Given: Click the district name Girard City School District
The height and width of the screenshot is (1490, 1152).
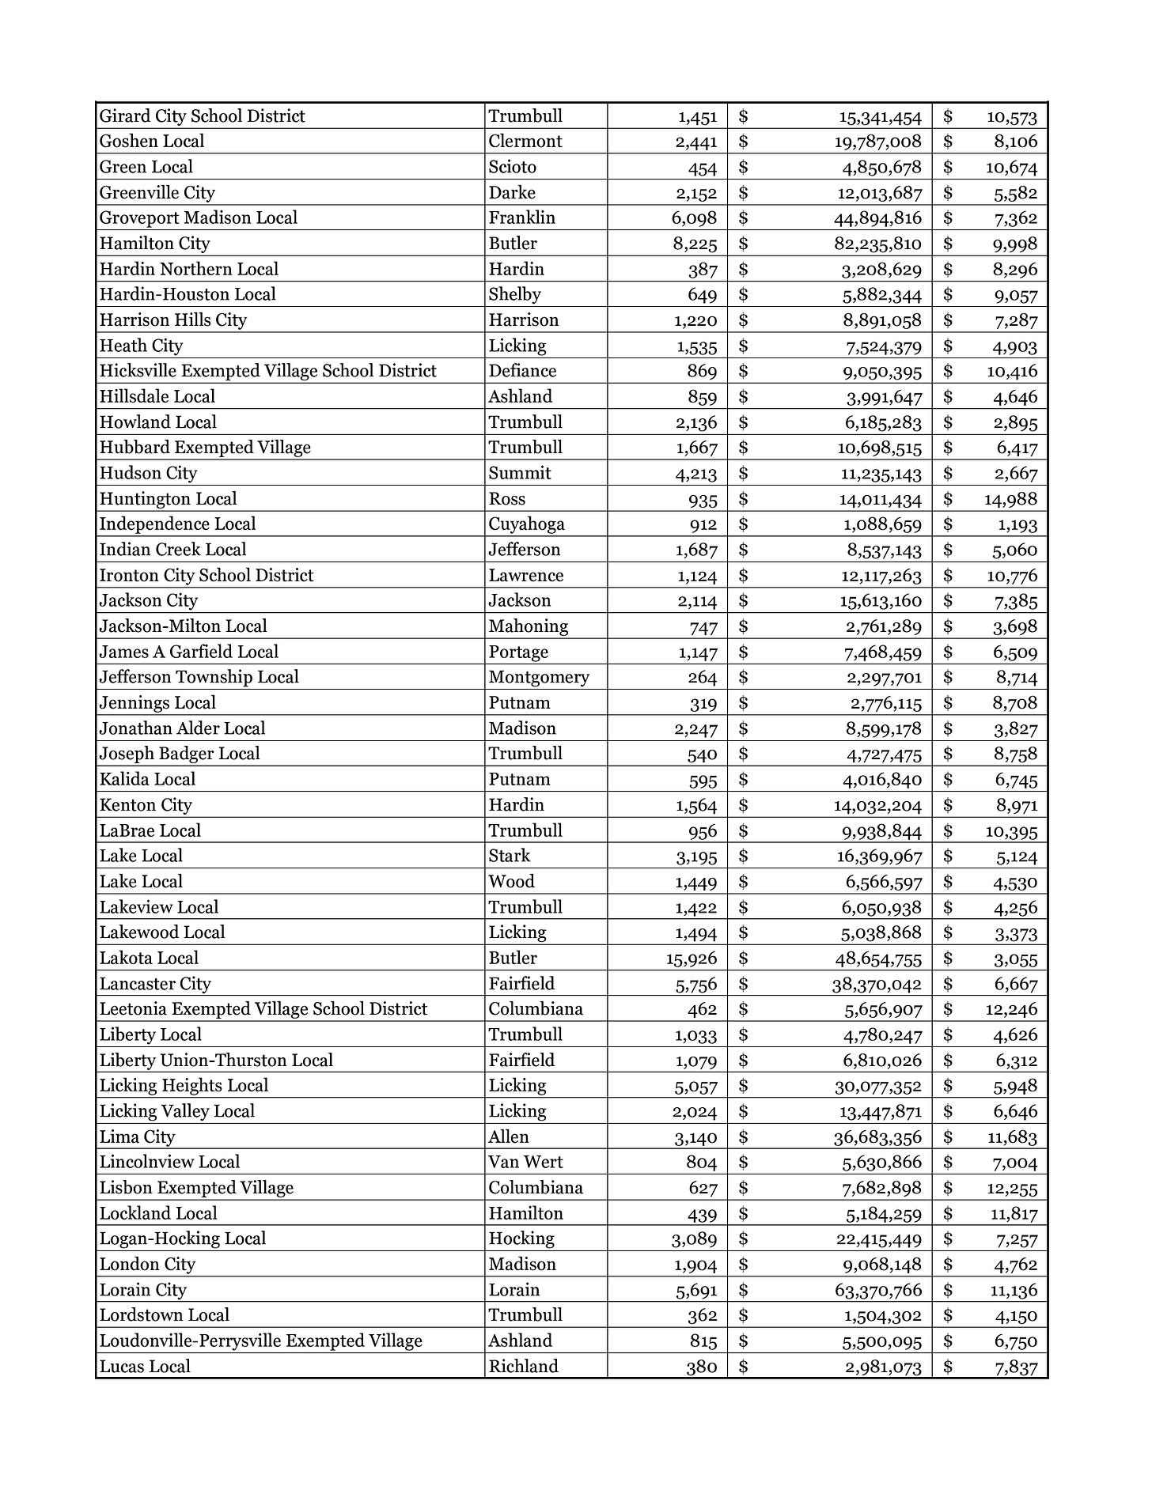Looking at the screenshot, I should pos(202,116).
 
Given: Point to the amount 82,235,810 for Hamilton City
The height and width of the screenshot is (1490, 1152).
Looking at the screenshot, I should pos(877,244).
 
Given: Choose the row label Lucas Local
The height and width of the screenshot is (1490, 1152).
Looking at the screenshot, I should pos(145,1367).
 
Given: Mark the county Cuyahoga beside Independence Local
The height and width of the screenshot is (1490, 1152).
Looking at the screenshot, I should pos(526,524).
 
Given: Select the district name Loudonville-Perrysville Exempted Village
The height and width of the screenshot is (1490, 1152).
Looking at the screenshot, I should pos(260,1341).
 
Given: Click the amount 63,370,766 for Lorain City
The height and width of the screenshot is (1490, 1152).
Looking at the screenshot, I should pos(878,1290).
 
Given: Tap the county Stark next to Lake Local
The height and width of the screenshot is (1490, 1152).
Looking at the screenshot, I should pos(510,856).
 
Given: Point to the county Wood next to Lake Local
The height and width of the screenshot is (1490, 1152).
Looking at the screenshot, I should pos(511,882).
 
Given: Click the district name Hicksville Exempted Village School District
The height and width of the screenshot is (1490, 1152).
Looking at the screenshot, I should pos(267,371).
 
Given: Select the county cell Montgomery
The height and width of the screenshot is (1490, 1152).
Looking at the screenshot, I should pos(538,678).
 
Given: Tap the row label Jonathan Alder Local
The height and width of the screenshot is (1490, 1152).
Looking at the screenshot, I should pos(182,728).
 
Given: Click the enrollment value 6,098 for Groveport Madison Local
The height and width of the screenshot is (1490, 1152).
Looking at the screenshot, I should pos(695,218).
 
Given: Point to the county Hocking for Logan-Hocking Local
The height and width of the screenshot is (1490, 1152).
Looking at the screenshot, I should pos(521,1239).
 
